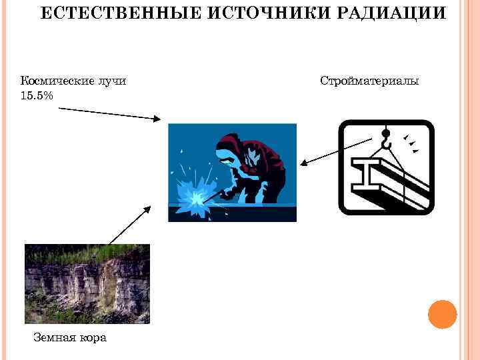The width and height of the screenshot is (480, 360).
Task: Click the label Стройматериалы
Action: [369, 81]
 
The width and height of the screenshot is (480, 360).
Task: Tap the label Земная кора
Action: [70, 337]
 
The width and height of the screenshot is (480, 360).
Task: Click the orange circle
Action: [441, 314]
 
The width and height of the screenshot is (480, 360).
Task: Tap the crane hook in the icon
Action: [386, 140]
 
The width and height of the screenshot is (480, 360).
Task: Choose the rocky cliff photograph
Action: [87, 284]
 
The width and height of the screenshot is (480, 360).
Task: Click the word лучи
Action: [111, 81]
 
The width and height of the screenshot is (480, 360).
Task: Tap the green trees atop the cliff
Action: [87, 252]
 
